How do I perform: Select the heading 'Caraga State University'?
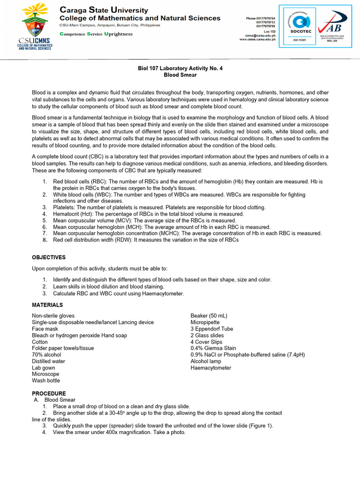pos(104,10)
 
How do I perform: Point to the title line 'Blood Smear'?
pos(180,75)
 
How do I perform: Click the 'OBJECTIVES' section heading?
pos(49,257)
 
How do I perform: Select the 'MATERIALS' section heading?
pos(47,305)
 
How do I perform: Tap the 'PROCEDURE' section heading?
pos(49,393)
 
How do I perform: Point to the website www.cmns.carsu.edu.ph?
pos(257,40)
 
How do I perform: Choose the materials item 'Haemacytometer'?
pos(210,368)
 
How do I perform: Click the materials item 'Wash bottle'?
pos(46,381)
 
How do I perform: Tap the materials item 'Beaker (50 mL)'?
pos(209,316)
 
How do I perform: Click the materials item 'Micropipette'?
pos(205,322)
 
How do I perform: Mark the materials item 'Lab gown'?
pos(44,368)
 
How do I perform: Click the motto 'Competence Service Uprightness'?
pos(96,34)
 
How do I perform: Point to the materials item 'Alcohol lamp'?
pos(206,361)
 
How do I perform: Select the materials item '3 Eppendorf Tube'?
pos(211,329)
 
